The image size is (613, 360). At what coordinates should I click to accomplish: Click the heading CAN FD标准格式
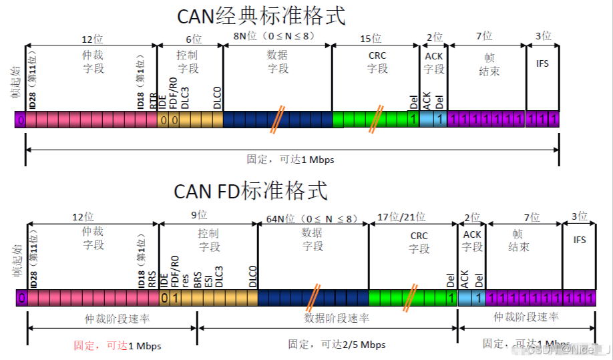[251, 191]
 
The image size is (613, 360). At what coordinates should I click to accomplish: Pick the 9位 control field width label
[198, 215]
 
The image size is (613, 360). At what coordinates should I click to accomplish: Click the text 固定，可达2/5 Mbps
[337, 345]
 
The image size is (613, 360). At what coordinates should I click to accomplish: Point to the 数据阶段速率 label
[337, 319]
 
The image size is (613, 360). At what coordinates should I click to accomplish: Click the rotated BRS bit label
[198, 279]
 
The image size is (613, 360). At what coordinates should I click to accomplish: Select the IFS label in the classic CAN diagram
[542, 63]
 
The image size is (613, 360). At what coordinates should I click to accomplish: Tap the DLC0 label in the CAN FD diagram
[252, 276]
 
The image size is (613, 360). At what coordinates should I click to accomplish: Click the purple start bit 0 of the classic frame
[21, 120]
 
